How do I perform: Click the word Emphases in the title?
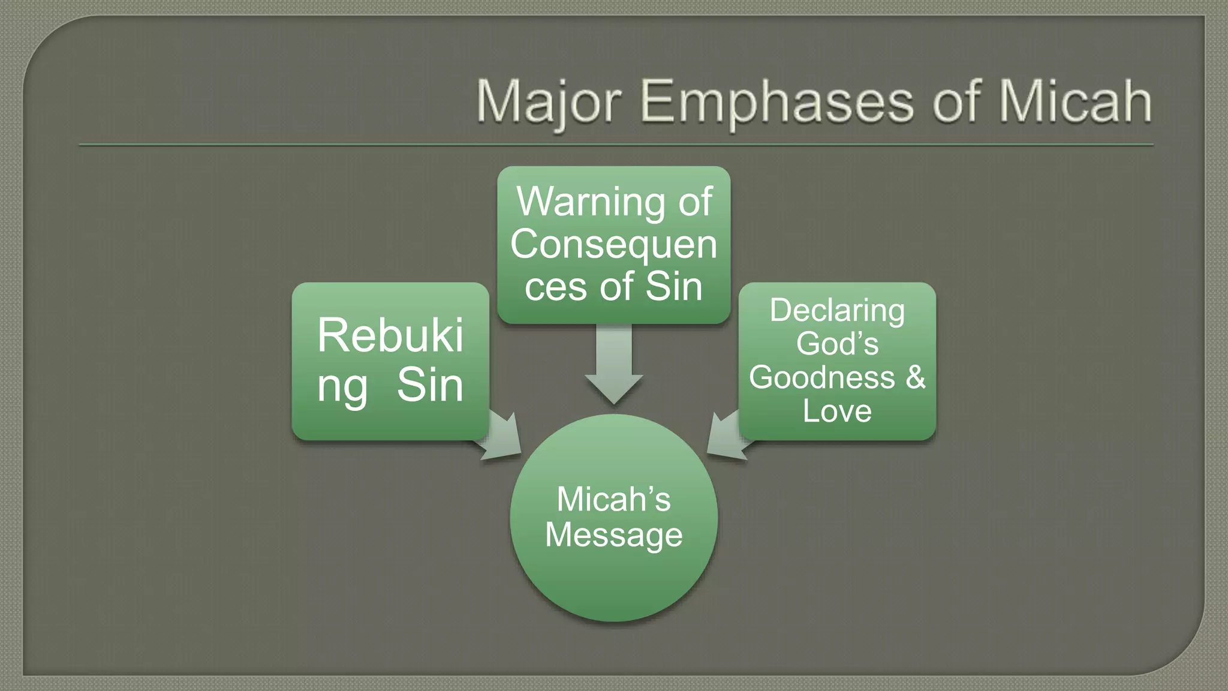click(x=776, y=102)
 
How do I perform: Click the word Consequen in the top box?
click(x=614, y=245)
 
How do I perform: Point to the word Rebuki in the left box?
click(x=390, y=335)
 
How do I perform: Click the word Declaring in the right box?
click(x=837, y=310)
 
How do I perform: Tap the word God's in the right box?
click(x=837, y=344)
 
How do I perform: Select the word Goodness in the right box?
click(x=821, y=377)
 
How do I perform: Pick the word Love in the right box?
click(x=837, y=411)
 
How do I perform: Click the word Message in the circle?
click(x=614, y=534)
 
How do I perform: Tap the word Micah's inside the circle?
click(x=614, y=499)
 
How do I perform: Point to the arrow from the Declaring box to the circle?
click(x=727, y=438)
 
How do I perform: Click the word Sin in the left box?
click(x=431, y=385)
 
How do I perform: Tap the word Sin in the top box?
click(x=674, y=287)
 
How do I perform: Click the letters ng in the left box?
click(x=342, y=387)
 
